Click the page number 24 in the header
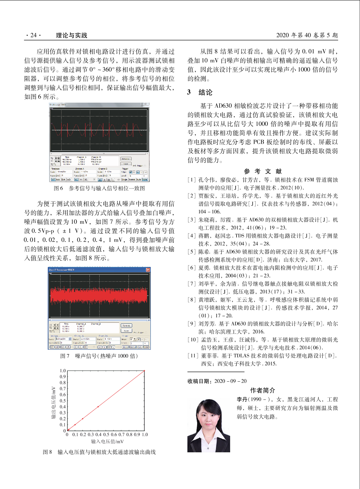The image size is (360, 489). (33, 35)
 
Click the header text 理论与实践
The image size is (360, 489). (71, 35)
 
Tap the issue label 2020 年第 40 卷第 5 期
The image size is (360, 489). (307, 35)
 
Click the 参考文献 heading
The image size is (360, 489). (263, 171)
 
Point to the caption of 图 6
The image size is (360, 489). (99, 188)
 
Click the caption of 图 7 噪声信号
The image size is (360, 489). (99, 356)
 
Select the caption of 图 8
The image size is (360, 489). (99, 452)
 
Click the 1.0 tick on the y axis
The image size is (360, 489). (63, 371)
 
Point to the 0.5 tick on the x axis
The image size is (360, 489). (106, 434)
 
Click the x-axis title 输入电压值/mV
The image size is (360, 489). (107, 442)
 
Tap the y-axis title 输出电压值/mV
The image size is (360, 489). (53, 402)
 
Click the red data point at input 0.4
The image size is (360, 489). (98, 407)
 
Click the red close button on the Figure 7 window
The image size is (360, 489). (148, 270)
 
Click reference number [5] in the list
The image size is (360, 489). (192, 252)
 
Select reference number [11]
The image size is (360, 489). (193, 355)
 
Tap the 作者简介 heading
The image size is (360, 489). (262, 390)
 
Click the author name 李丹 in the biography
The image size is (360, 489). (242, 399)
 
